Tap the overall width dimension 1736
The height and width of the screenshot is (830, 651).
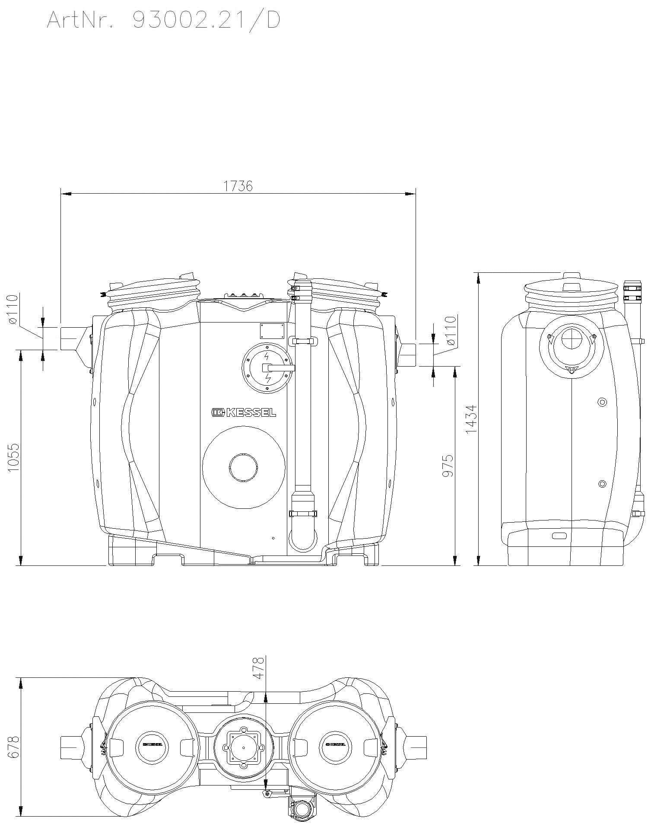coord(238,186)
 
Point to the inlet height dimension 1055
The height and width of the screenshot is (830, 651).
coord(14,457)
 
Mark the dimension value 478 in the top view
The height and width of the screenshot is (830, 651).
coord(258,668)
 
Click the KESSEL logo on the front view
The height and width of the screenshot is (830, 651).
coord(244,413)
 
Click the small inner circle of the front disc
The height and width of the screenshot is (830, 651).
coord(244,467)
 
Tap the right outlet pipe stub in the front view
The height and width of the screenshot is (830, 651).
coord(408,354)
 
